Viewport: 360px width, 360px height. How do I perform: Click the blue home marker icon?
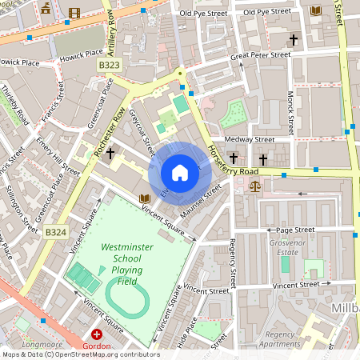click(x=180, y=173)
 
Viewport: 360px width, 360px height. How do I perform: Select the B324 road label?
click(x=55, y=232)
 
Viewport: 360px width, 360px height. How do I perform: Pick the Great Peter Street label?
click(x=260, y=56)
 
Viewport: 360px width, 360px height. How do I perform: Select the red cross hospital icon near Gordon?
click(x=97, y=334)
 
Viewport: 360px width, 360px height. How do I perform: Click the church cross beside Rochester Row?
click(x=110, y=151)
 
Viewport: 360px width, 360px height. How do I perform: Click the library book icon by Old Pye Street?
click(x=314, y=10)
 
